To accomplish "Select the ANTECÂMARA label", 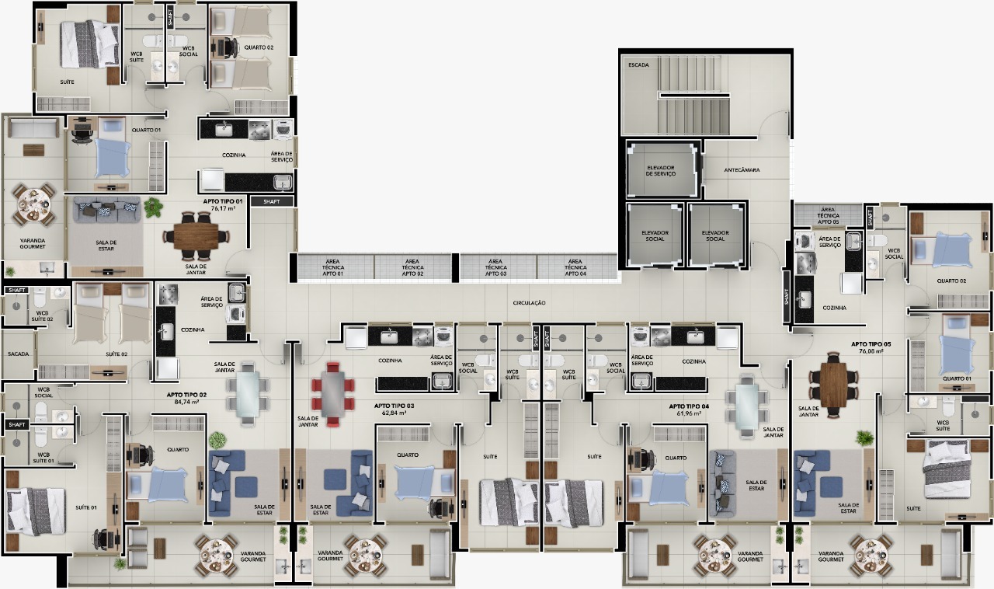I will pyautogui.click(x=742, y=169).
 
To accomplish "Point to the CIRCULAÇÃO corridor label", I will pyautogui.click(x=529, y=302).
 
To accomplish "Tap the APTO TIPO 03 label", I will pyautogui.click(x=394, y=406).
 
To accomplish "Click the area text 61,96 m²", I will pyautogui.click(x=688, y=414).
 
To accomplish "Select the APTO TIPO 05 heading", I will pyautogui.click(x=871, y=343).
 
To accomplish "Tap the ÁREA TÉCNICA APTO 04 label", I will pyautogui.click(x=575, y=267).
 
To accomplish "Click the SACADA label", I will pyautogui.click(x=19, y=354).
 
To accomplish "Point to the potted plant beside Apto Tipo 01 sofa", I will pyautogui.click(x=153, y=207).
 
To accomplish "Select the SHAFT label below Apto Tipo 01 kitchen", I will pyautogui.click(x=272, y=201).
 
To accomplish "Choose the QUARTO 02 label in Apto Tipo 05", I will pyautogui.click(x=951, y=281).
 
